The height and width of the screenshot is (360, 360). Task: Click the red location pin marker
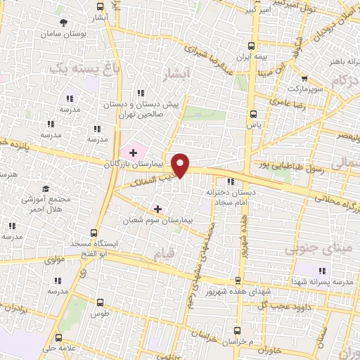point(181,165)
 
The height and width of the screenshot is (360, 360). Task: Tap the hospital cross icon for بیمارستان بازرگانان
point(133,152)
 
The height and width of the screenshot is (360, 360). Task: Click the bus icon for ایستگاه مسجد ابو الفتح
point(94,233)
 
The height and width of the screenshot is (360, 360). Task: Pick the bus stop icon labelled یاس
point(254,114)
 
